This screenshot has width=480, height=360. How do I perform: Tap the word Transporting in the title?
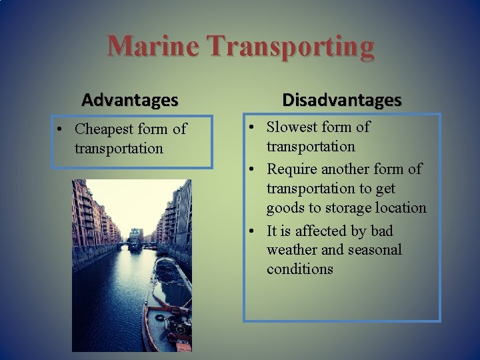click(x=291, y=47)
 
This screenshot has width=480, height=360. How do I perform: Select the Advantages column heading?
click(x=130, y=100)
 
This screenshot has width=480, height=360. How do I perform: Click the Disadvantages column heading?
click(x=341, y=100)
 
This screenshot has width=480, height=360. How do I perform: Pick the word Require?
click(x=295, y=169)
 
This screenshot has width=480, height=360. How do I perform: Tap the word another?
click(x=353, y=169)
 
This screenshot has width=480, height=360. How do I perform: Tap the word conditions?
click(x=299, y=269)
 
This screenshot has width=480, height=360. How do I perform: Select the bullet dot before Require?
click(x=252, y=169)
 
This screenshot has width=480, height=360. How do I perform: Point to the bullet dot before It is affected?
click(x=252, y=231)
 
